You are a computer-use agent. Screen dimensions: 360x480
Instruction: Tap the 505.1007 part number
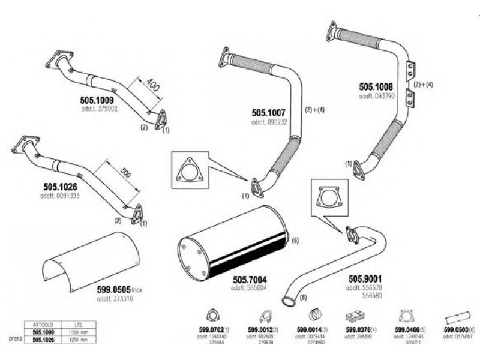pos(269,112)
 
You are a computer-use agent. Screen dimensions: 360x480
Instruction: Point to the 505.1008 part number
pos(376,86)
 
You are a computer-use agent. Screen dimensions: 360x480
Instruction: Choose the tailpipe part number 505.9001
pos(365,278)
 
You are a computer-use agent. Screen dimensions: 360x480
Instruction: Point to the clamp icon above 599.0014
pos(314,315)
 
